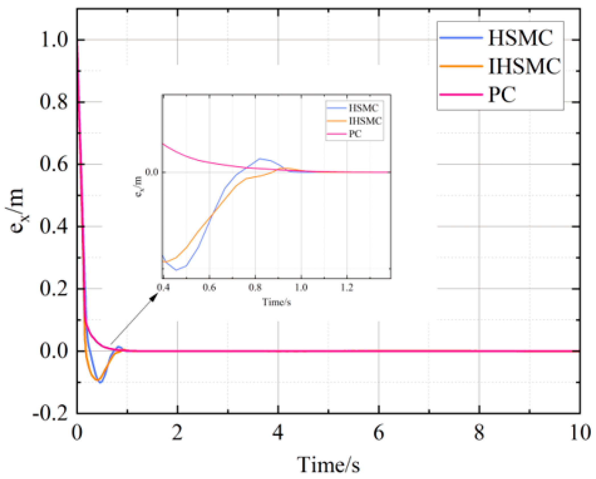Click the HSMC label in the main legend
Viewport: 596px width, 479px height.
[x=520, y=38]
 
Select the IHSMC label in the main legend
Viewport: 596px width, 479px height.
[x=524, y=66]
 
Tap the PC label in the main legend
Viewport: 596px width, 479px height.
[x=502, y=94]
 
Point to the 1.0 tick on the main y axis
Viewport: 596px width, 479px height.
[x=54, y=40]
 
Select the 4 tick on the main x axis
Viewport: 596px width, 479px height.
[x=278, y=433]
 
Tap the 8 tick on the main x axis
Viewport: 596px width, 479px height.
[x=479, y=433]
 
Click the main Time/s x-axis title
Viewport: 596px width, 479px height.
[x=328, y=464]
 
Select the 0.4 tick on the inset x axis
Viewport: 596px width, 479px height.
[x=163, y=288]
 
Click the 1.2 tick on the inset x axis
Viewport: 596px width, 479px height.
[x=347, y=288]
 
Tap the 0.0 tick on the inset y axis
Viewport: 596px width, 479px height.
[x=151, y=172]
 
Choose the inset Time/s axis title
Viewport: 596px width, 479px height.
[x=277, y=302]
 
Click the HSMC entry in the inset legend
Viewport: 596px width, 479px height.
[x=363, y=108]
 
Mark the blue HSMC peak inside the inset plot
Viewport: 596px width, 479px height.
[x=260, y=158]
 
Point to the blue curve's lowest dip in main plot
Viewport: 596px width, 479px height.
[x=100, y=382]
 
